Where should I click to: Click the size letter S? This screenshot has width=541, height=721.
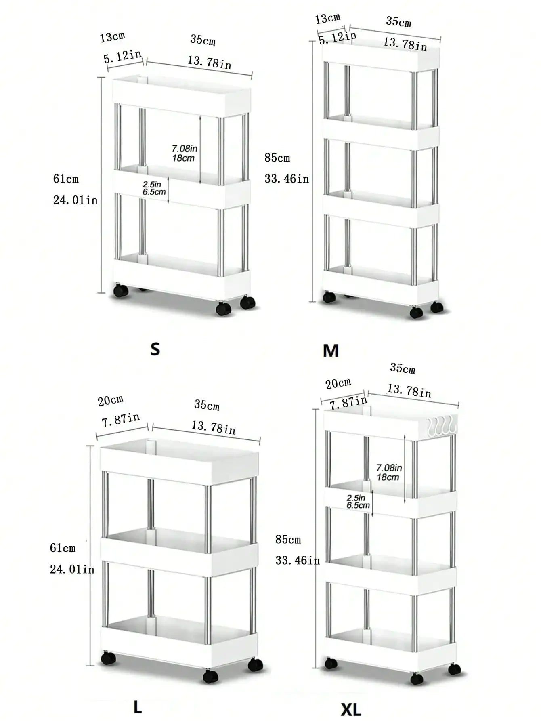tap(155, 349)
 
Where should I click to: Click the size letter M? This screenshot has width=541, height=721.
tap(331, 351)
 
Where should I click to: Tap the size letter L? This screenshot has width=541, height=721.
tap(138, 706)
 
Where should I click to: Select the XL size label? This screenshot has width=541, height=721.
tap(351, 709)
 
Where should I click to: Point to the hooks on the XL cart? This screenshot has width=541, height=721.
tap(441, 427)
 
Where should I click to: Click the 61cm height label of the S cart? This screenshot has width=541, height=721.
tap(66, 179)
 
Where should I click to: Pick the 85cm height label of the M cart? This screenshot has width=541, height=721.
tap(277, 158)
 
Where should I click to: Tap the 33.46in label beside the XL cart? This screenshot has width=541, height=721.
tap(298, 560)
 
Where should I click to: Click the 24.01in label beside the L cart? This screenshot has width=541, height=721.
tap(72, 569)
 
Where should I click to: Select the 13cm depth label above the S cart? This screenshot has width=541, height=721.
tap(113, 37)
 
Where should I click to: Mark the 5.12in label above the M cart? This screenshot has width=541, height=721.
tap(338, 38)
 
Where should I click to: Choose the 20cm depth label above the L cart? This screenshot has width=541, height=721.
tap(111, 400)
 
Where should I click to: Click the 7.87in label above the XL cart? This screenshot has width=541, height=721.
tap(348, 402)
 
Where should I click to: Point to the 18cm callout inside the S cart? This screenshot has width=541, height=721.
tap(183, 158)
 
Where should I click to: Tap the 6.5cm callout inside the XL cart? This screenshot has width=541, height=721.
tap(358, 505)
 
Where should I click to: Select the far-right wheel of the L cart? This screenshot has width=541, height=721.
tap(256, 664)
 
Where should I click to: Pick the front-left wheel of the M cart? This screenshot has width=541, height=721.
tap(329, 297)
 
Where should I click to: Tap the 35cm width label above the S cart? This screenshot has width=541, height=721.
tap(203, 40)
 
